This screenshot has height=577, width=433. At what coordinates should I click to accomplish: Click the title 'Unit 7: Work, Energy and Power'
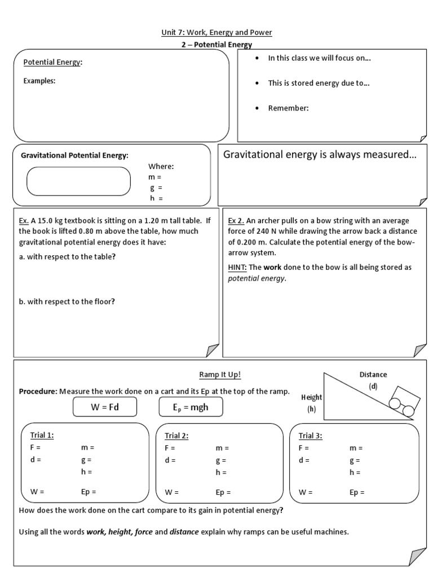coord(216,33)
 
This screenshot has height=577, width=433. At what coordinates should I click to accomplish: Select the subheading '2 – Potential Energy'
coord(216,45)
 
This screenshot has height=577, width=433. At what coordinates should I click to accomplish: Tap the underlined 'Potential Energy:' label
coord(52,63)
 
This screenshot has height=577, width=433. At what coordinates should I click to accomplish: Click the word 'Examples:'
coord(39,81)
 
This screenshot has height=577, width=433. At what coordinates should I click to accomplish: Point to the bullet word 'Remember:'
coord(288,108)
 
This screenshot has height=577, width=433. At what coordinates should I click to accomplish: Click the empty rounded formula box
coord(78,181)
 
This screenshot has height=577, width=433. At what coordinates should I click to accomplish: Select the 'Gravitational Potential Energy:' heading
coord(74,155)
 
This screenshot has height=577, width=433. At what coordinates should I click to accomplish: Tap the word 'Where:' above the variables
coord(161,166)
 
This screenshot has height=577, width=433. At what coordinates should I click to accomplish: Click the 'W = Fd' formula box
coord(104,407)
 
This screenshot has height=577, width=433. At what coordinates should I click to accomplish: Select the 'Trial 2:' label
coord(176,436)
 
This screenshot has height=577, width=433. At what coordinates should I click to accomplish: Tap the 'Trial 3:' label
coord(311,436)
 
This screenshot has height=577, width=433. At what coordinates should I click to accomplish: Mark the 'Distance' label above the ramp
coord(373,375)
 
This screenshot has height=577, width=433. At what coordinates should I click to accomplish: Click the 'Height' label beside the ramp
coord(311,398)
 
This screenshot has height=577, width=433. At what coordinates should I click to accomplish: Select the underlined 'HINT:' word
coord(237,267)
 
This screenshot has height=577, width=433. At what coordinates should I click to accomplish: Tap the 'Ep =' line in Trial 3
coord(357,492)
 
